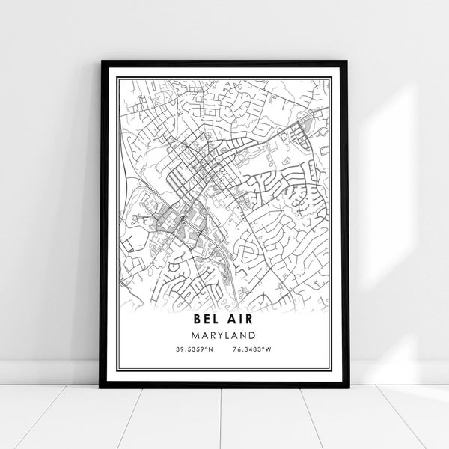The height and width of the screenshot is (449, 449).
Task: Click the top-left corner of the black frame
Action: pyautogui.click(x=100, y=61)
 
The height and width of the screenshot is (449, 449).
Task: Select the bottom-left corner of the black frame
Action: pyautogui.click(x=100, y=388)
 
